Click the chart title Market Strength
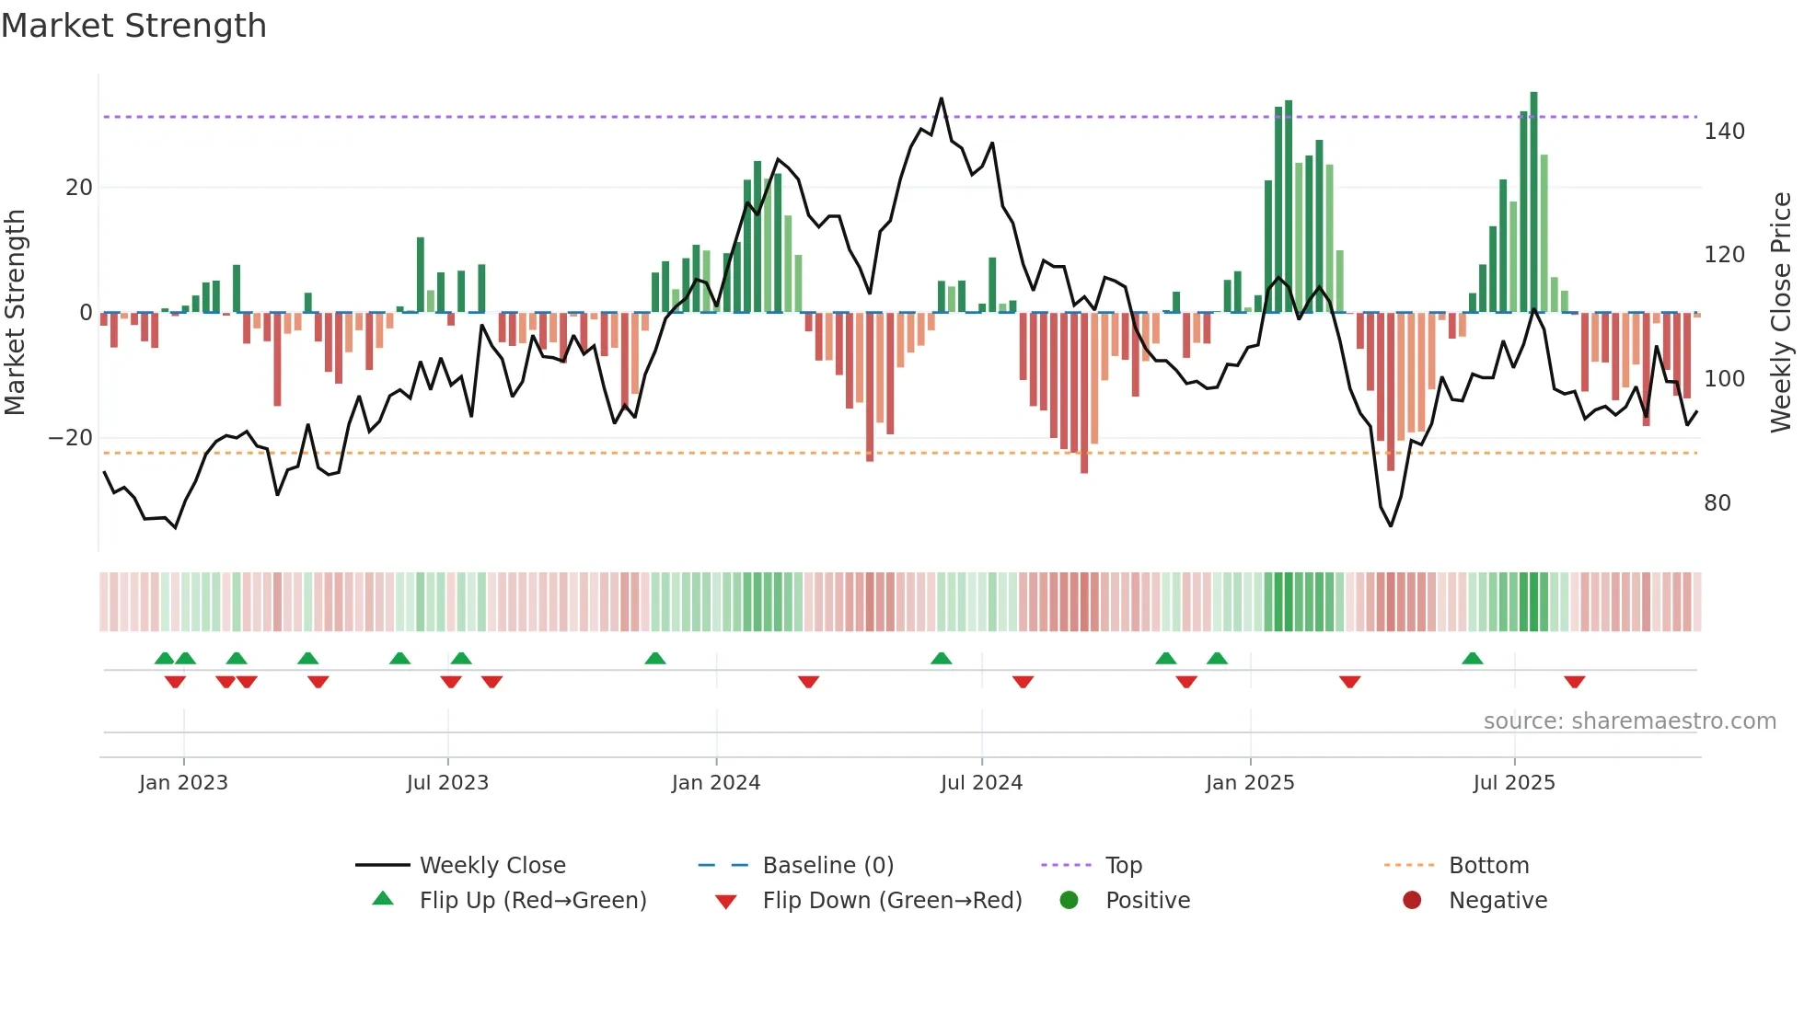tap(133, 26)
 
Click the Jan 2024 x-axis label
tap(715, 783)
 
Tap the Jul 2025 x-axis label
tap(1513, 783)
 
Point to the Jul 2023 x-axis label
tap(447, 783)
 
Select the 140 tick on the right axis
tap(1724, 132)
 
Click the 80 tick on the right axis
tap(1717, 503)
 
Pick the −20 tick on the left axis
tap(71, 438)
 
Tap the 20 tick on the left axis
tap(79, 188)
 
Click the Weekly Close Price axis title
tap(1781, 313)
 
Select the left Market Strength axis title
tap(16, 313)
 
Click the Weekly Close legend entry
tap(491, 866)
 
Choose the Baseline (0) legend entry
tap(827, 866)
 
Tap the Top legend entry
tap(1123, 866)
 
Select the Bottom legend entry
tap(1488, 866)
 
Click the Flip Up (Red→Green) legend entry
tap(532, 901)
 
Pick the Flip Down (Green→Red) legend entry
tap(891, 901)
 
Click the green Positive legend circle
tap(1069, 901)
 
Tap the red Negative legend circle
tap(1412, 901)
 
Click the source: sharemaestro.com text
tap(1629, 721)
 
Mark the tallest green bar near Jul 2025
tap(1533, 202)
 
